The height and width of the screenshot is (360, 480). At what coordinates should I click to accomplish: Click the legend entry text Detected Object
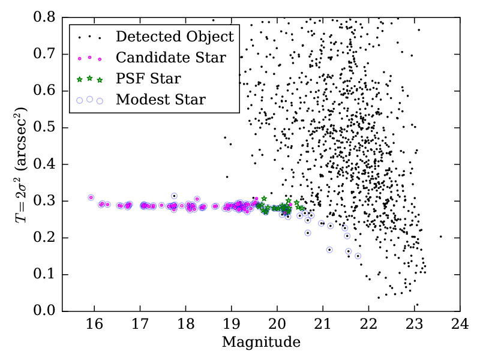coord(175,37)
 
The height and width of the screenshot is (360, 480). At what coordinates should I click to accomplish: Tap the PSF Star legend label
coord(148,79)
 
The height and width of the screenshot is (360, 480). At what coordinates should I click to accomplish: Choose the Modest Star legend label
coord(161,100)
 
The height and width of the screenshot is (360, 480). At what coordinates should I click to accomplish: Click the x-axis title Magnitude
coord(261,343)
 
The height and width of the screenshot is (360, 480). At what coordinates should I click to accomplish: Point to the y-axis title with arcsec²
coord(23,163)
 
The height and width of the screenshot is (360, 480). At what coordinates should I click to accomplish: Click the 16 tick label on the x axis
coord(94,325)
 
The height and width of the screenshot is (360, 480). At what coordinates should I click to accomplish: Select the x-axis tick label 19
coord(231,325)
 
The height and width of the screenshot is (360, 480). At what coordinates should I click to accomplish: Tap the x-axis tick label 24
coord(460,325)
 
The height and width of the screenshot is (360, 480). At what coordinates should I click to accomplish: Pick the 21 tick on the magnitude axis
coord(322,325)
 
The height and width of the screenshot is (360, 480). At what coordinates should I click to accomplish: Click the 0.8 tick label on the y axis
coord(44,17)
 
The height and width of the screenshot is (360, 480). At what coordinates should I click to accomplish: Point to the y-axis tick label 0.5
coord(44,127)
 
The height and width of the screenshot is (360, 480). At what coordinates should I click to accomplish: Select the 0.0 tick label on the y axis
coord(44,311)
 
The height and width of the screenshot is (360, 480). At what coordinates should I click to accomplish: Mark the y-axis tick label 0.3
coord(44,201)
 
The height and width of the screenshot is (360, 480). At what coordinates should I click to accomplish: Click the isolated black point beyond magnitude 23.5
coord(440,236)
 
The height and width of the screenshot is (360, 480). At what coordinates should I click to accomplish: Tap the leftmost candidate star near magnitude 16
coord(91,197)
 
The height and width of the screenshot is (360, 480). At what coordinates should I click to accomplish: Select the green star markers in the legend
coord(89,79)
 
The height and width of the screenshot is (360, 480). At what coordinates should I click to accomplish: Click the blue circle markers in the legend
coord(89,100)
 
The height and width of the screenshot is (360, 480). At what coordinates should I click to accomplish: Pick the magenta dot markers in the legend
coord(89,58)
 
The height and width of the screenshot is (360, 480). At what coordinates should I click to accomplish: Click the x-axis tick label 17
coord(140,325)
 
